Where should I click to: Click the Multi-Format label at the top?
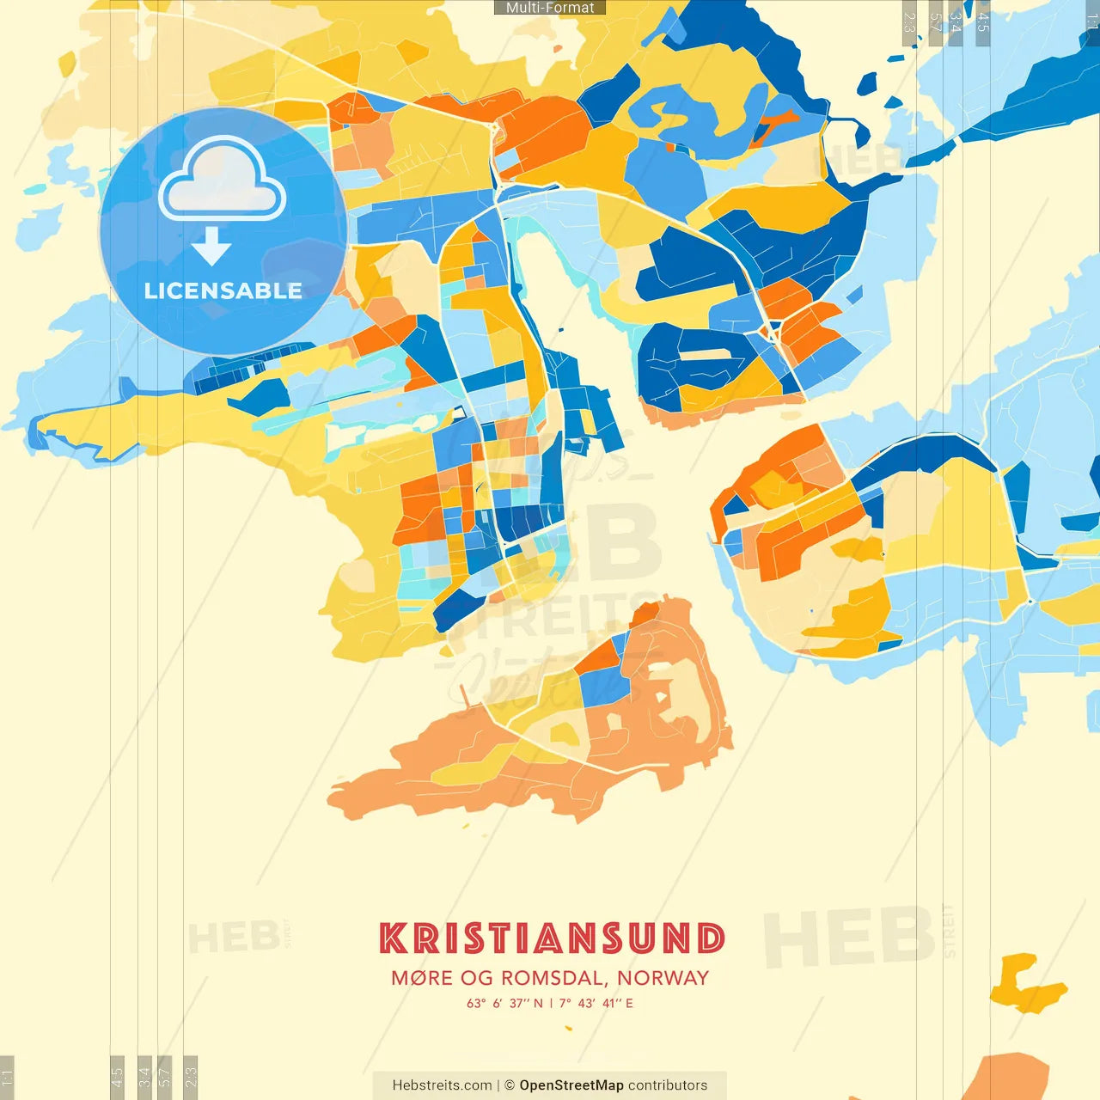(550, 8)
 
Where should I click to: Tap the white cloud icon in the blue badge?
(223, 181)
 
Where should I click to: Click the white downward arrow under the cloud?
(211, 247)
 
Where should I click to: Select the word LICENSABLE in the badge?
(223, 291)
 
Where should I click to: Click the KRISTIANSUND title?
(552, 938)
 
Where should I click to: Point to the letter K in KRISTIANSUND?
(393, 938)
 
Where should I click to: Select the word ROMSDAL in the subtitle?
(553, 978)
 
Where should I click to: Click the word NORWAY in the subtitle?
(663, 978)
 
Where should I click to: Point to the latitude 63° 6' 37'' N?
(505, 1003)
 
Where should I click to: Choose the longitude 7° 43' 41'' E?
(596, 1003)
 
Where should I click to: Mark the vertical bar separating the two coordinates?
(551, 1003)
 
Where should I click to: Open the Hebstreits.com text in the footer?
(442, 1085)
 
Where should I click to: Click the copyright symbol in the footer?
(510, 1085)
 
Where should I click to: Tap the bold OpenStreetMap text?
(571, 1085)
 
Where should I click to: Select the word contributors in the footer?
(668, 1085)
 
